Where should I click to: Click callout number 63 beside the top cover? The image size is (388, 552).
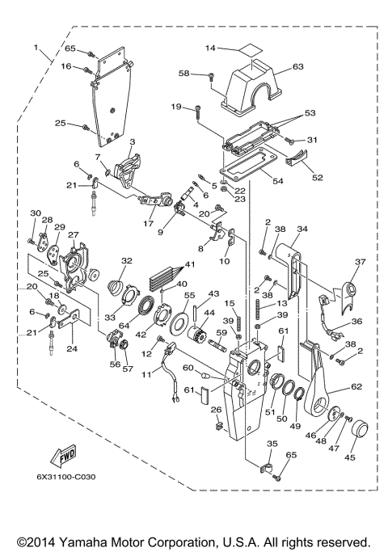pos(297,66)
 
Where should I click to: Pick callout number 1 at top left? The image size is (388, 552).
pos(36,49)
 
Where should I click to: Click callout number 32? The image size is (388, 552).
pos(126,260)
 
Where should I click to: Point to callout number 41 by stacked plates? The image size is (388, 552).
pos(192,265)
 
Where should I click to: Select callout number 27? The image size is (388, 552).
pos(74,235)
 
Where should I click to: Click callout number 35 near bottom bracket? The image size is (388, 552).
pos(272,444)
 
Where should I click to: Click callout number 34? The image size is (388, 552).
pos(302,229)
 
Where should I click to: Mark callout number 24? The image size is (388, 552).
pos(71,349)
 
